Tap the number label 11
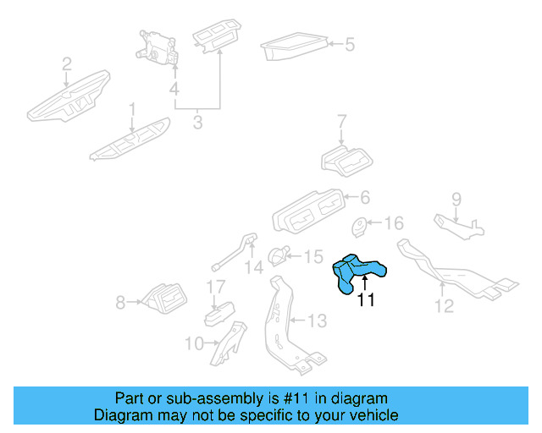point(365,299)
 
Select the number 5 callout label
point(350,44)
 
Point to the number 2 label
point(66,64)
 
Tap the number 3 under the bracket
point(197,123)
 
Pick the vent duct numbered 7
point(347,159)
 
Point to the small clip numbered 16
point(361,226)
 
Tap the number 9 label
point(456,200)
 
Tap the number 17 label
point(216,287)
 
